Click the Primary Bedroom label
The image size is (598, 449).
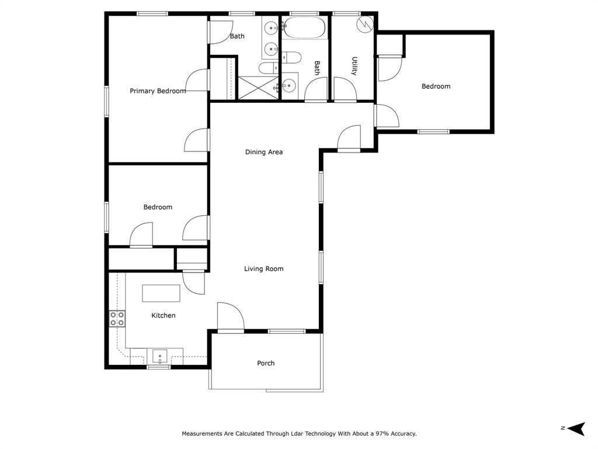tap(158, 91)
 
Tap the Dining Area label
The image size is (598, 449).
tap(264, 152)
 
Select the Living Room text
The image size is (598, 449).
tap(264, 269)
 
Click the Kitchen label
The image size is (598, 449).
tap(164, 316)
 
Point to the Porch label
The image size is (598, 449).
tap(266, 363)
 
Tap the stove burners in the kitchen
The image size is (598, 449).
tap(117, 319)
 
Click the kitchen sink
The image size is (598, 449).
tap(159, 356)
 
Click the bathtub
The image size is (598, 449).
tap(304, 27)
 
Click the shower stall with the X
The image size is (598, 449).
tap(258, 88)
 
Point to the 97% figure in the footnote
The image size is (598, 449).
tap(377, 434)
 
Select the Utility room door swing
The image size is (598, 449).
tap(345, 89)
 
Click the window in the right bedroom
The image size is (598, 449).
tap(433, 132)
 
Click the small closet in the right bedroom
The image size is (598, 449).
tap(390, 44)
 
